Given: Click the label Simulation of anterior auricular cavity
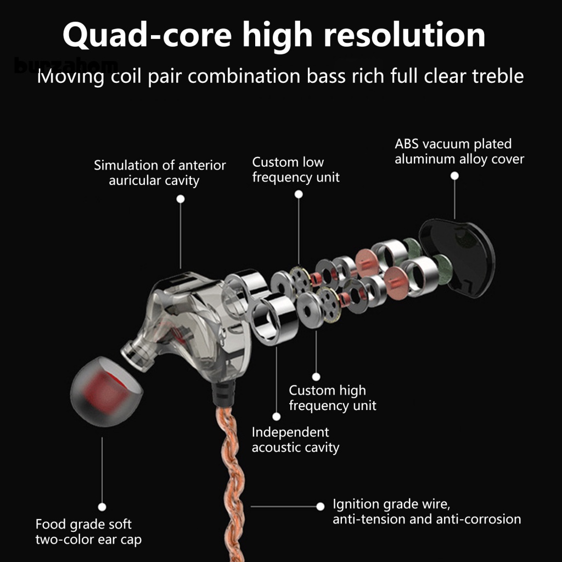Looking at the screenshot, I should (160, 172).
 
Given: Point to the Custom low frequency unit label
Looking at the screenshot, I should (296, 170).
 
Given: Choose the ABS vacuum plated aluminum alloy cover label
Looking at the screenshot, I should (459, 151).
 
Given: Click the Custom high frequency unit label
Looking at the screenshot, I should (333, 398).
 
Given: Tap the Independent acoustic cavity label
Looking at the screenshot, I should (295, 440).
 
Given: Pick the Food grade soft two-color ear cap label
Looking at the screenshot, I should (88, 531).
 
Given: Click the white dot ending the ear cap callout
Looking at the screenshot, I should (102, 507).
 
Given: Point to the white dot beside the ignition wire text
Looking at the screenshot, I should (321, 506).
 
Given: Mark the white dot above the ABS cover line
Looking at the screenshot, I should (454, 176).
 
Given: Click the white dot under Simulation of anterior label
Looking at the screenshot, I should (181, 199).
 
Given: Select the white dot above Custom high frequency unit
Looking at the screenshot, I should (316, 376).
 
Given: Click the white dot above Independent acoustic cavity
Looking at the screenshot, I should (277, 417).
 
